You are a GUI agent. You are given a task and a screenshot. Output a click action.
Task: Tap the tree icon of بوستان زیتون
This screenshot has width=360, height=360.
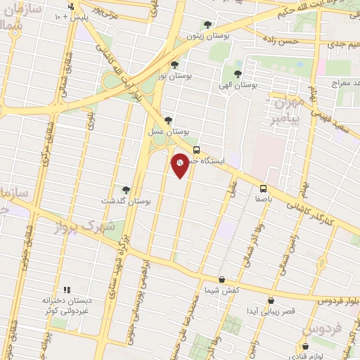coord(205,24)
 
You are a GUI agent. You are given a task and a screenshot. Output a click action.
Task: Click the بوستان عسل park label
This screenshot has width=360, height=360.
coord(169,131)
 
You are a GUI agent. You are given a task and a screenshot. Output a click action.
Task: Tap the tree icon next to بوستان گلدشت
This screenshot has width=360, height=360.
coord(126,189)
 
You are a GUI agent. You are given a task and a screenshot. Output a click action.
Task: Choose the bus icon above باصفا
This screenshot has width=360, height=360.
coord(263,188)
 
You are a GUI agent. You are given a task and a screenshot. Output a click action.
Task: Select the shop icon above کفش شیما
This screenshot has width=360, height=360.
coord(221,279)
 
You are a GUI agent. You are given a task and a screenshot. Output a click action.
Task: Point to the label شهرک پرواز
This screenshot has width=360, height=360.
coord(87,227)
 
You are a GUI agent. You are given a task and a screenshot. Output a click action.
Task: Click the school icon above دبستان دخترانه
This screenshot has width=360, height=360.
coord(67,289)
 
